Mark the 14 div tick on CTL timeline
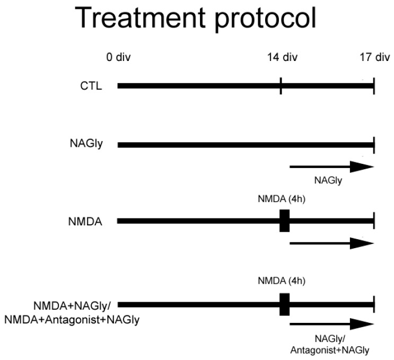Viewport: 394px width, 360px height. tap(281, 85)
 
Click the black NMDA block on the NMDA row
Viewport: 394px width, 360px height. tap(284, 221)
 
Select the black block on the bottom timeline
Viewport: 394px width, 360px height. tap(284, 304)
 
